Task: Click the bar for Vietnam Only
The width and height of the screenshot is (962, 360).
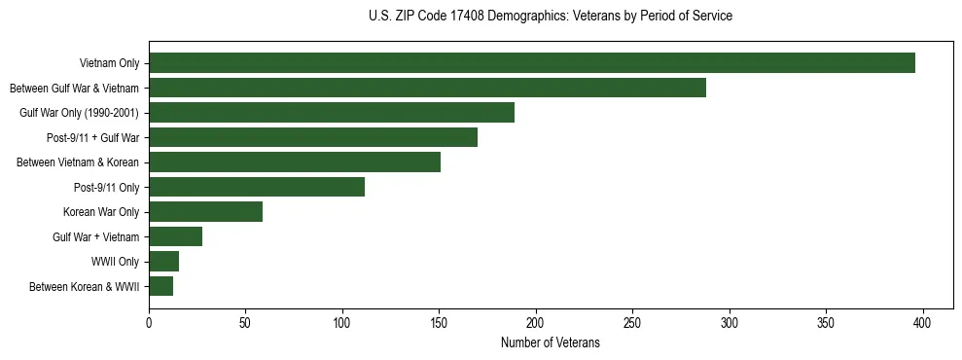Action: click(x=532, y=63)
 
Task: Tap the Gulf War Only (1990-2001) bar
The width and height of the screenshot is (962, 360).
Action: click(x=332, y=113)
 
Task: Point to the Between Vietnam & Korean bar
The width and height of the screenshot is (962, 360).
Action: click(x=295, y=162)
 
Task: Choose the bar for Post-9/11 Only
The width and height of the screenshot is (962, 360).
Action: click(x=257, y=187)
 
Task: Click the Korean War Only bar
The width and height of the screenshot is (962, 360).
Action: click(x=206, y=211)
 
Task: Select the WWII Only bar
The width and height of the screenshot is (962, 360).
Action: click(x=164, y=261)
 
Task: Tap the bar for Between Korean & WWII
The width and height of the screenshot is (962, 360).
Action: click(x=161, y=286)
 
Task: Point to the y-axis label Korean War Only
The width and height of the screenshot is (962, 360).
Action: click(x=101, y=212)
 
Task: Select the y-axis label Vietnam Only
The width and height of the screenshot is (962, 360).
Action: click(x=110, y=64)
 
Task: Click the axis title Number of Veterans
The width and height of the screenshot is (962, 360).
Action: click(x=551, y=343)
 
